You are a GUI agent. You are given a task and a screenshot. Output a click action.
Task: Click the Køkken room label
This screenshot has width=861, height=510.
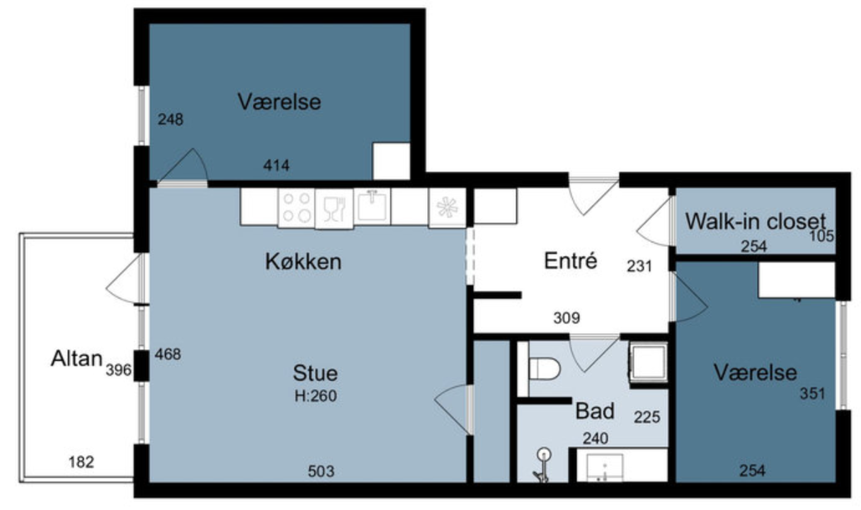point(303,261)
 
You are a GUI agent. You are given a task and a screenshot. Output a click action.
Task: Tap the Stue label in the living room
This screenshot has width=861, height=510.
point(315,373)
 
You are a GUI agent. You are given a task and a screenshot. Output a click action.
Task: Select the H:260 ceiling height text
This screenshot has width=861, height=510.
point(316,396)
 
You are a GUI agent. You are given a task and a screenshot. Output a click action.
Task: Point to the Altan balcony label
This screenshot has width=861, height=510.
point(76,358)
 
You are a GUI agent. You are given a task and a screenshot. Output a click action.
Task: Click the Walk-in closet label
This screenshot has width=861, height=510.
point(755,222)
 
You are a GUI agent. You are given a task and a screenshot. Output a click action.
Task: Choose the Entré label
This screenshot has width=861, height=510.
point(571,261)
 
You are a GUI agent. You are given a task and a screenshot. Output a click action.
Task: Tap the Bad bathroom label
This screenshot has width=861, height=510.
point(595,411)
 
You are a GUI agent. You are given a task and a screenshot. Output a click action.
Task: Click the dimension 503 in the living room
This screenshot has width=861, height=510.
point(321,471)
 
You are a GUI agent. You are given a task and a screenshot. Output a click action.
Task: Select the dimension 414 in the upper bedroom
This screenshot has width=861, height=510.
point(276,165)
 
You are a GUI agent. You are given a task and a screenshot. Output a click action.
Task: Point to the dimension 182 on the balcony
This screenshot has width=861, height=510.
point(81,462)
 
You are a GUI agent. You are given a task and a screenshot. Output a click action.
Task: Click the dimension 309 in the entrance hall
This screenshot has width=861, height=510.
point(566,318)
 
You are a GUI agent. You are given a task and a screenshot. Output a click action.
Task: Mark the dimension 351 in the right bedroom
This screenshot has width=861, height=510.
point(812,393)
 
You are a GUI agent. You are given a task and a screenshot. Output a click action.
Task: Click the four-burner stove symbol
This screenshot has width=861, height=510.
point(297,208)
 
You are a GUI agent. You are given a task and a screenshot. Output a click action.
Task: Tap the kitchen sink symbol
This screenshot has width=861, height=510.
point(372,206)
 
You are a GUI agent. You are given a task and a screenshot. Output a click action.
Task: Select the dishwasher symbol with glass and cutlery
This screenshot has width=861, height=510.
point(334,209)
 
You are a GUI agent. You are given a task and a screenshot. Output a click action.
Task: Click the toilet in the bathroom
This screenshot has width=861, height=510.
point(544,368)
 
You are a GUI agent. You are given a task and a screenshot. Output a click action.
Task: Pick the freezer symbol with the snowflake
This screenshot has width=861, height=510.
point(447,208)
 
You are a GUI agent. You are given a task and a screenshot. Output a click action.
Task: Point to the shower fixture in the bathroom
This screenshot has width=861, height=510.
point(542,465)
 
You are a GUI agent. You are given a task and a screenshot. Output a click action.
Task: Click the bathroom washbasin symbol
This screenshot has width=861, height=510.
point(605,467)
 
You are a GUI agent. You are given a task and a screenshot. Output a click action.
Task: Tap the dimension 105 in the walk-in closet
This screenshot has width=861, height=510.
point(822,236)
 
